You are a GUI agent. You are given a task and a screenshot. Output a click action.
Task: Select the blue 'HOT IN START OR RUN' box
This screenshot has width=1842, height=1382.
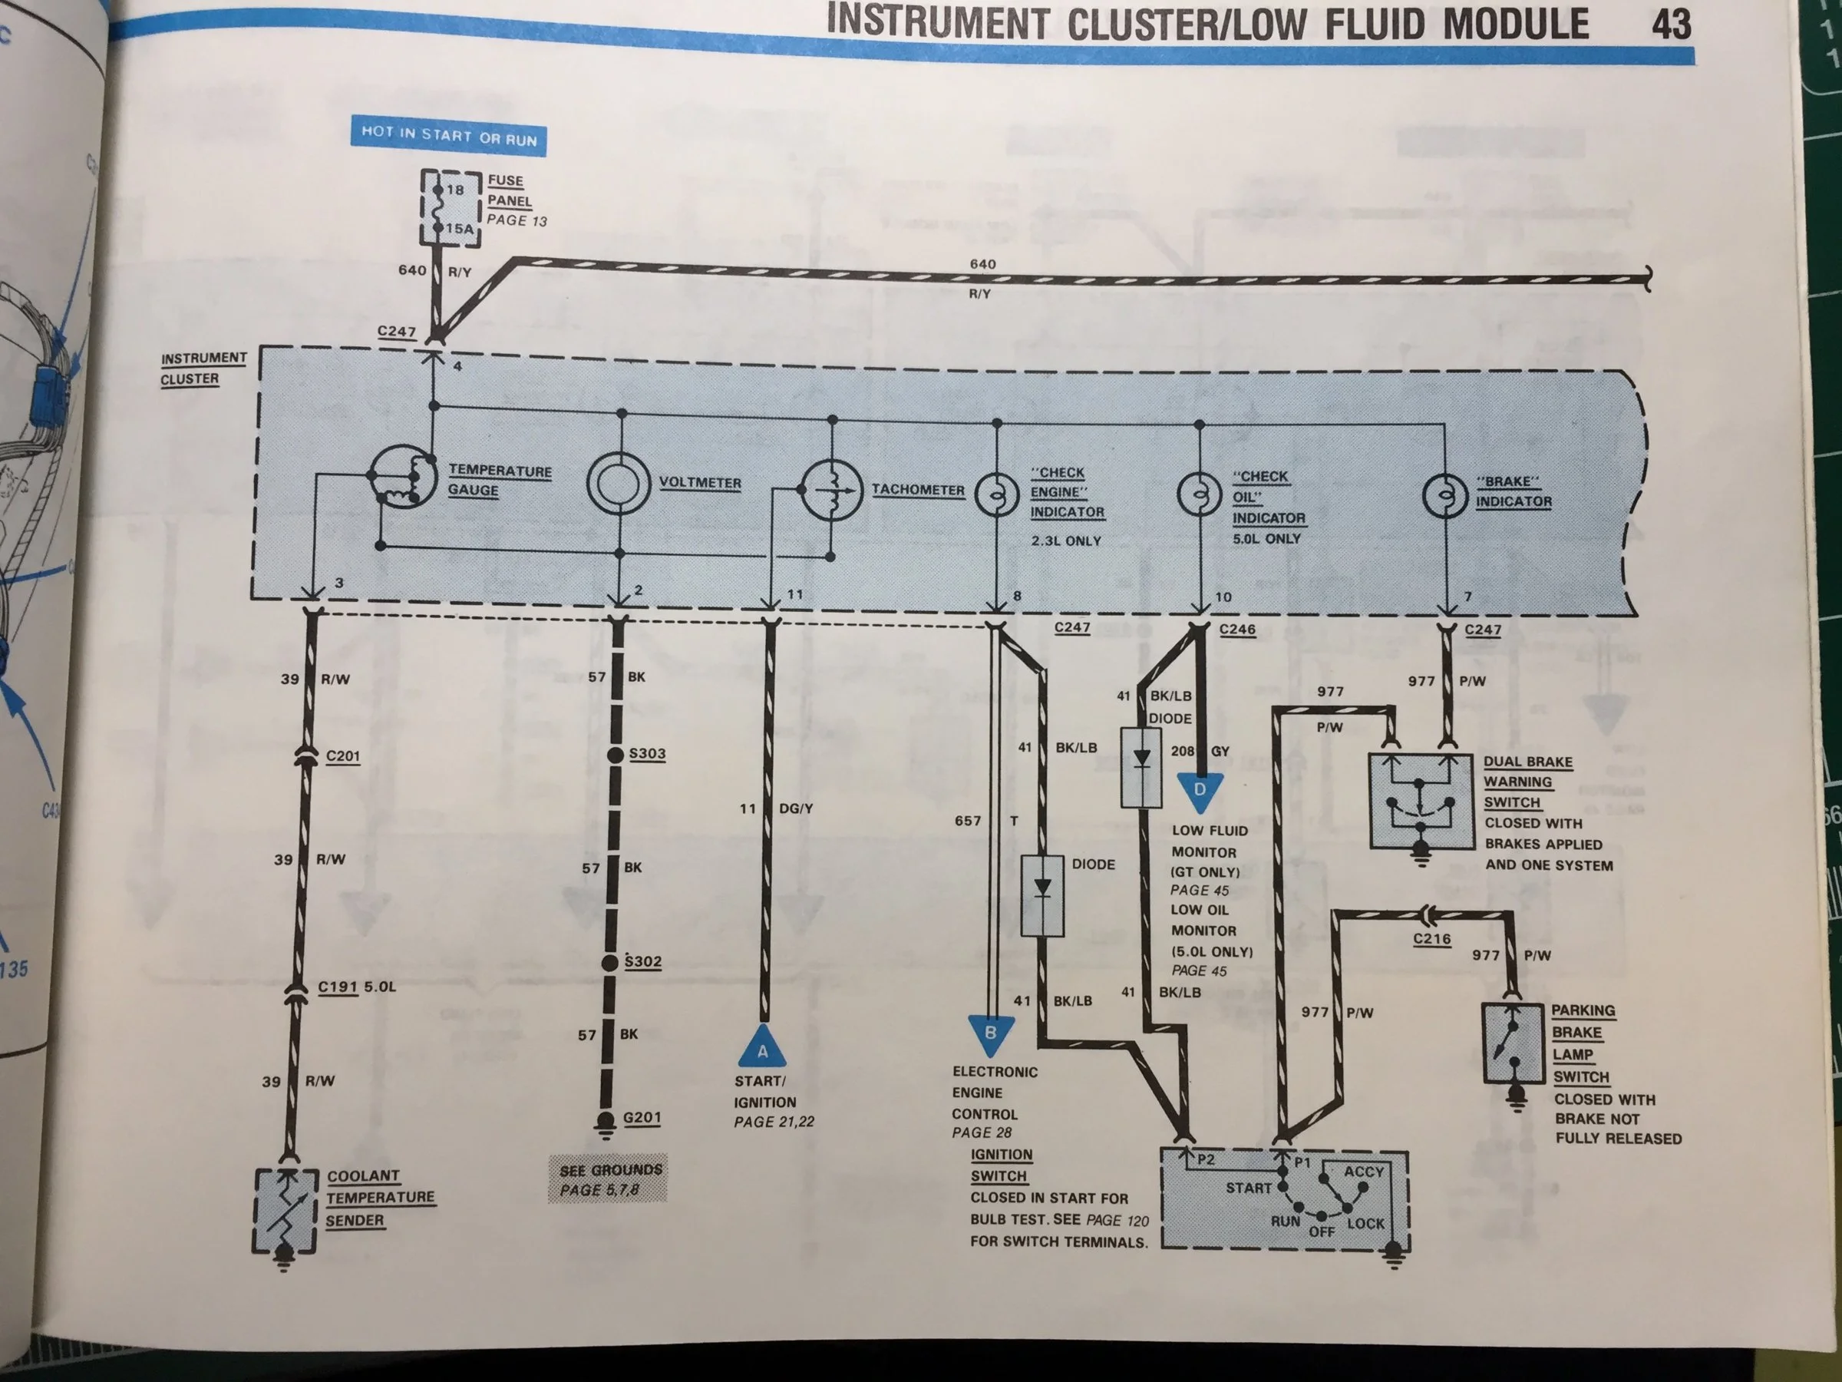click(x=448, y=135)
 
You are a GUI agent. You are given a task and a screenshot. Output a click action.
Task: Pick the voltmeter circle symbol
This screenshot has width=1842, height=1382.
click(x=618, y=484)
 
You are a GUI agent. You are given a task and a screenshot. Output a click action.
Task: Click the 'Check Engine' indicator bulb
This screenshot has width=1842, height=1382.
click(x=997, y=496)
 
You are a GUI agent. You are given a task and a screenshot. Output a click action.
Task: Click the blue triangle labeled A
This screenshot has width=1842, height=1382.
click(x=762, y=1046)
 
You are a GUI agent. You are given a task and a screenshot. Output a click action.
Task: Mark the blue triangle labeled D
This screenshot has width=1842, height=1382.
click(x=1200, y=792)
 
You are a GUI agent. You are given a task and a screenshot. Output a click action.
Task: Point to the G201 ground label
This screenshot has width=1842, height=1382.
click(x=642, y=1117)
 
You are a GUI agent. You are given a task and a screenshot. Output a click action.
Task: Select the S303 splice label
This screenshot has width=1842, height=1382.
click(x=647, y=753)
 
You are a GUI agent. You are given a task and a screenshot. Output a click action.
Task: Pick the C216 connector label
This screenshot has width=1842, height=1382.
click(x=1431, y=939)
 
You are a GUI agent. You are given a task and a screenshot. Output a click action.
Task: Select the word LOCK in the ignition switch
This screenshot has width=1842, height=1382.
click(x=1365, y=1223)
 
